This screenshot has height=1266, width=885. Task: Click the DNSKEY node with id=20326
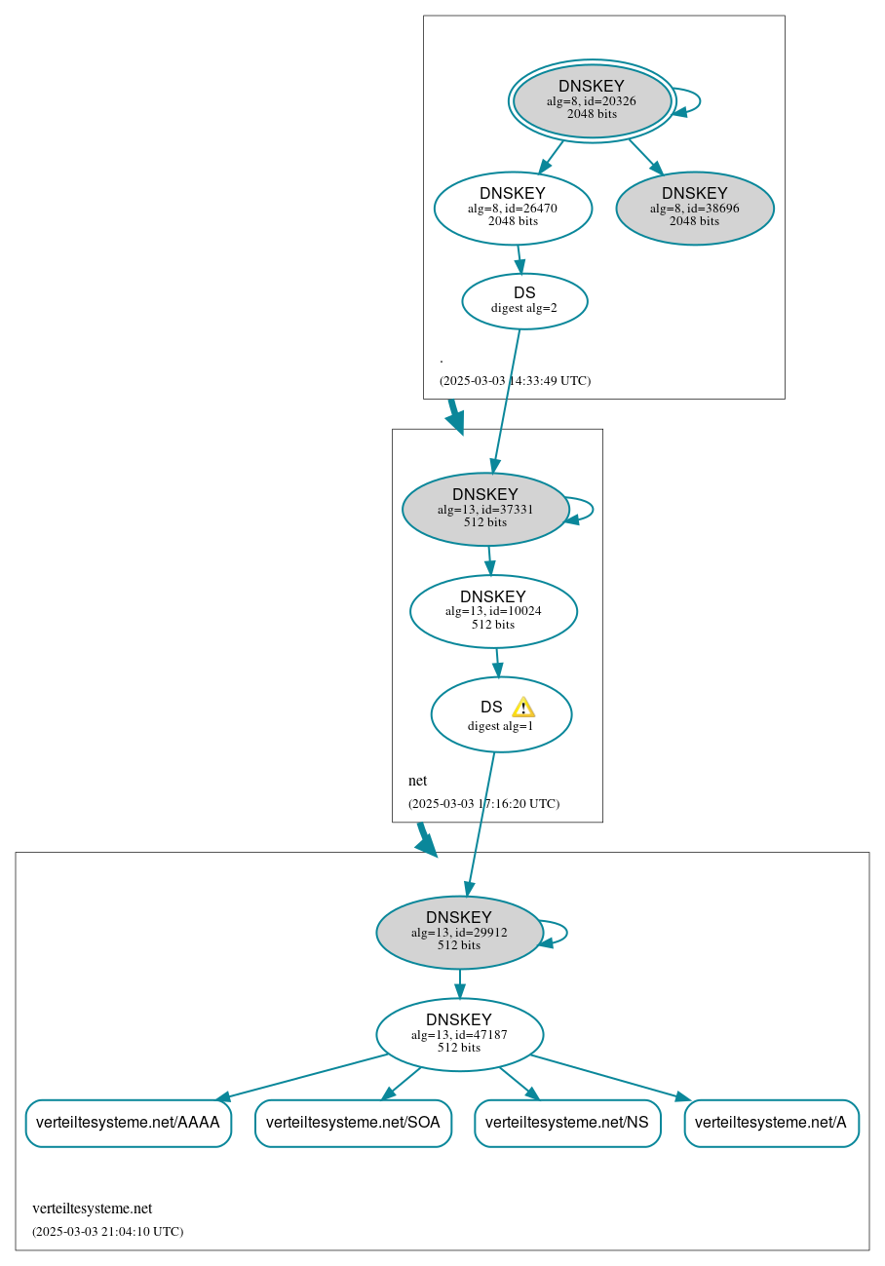point(592,100)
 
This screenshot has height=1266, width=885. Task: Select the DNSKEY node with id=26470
point(513,208)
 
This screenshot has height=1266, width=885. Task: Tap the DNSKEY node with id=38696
point(694,208)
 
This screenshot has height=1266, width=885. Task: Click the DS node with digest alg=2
point(524,301)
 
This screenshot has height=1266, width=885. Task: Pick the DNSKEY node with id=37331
point(484,509)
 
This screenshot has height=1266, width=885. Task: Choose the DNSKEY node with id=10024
point(493,611)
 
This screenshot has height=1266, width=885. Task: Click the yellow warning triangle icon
point(523,708)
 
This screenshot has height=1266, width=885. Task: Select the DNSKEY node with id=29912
point(459,933)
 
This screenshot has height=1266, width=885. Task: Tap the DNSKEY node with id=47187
point(459,1035)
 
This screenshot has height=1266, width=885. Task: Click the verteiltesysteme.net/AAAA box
point(128,1123)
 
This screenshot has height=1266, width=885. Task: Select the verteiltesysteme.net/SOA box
point(353,1123)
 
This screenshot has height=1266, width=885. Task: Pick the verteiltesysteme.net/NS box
point(567,1123)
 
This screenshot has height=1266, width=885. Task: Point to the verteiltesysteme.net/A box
point(771,1123)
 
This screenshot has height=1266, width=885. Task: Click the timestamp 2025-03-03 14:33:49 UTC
point(515,381)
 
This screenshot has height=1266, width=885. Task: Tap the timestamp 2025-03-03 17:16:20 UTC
point(483,804)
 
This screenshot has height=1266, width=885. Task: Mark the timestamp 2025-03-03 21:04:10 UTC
point(107,1232)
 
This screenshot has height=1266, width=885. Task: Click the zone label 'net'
point(417,781)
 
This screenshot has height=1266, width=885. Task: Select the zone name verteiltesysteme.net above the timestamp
point(92,1208)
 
